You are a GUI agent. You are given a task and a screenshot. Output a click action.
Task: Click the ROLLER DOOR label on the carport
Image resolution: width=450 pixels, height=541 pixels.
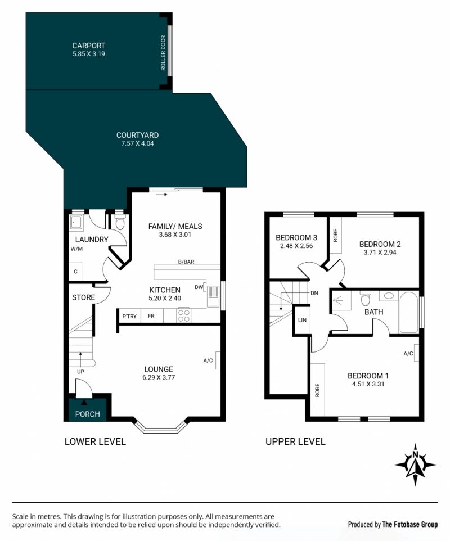(163, 53)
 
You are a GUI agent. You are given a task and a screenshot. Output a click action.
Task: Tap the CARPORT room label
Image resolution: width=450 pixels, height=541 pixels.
(89, 46)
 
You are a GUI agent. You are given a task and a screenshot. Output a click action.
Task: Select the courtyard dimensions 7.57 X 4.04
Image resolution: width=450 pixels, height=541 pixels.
(137, 143)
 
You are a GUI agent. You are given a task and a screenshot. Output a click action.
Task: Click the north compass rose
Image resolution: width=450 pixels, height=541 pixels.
(416, 465)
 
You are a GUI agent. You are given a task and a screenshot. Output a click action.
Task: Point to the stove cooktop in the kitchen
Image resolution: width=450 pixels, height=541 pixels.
(183, 315)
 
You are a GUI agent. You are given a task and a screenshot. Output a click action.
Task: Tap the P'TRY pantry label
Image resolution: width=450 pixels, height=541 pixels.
(129, 316)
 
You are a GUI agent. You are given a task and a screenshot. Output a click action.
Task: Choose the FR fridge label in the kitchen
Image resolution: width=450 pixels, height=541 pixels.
(151, 316)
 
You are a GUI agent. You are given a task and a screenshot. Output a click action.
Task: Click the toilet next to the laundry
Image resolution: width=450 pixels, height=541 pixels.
(120, 223)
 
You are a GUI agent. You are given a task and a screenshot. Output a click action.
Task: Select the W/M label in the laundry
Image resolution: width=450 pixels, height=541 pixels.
(76, 249)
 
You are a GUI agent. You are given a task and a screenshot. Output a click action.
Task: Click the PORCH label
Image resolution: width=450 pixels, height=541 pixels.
(87, 414)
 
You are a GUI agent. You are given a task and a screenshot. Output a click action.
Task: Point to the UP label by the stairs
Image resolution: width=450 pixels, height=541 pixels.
(80, 372)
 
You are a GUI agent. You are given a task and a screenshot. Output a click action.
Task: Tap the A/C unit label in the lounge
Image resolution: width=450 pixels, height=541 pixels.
(208, 360)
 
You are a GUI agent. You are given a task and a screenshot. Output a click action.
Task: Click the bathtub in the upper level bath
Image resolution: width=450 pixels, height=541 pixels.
(408, 312)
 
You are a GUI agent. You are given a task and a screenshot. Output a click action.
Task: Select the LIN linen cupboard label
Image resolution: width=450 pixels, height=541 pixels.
(302, 320)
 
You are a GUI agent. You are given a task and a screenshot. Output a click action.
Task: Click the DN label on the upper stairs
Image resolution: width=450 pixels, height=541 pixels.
(314, 293)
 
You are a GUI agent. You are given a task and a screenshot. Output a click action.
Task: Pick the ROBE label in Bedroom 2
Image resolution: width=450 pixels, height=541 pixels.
(335, 235)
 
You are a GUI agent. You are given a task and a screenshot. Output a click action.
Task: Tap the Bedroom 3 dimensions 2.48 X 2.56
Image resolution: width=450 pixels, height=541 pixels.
(296, 246)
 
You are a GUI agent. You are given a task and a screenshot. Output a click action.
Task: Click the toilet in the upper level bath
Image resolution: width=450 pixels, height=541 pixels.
(366, 298)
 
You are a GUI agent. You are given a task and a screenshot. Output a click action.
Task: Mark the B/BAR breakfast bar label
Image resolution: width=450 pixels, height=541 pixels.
(186, 262)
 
